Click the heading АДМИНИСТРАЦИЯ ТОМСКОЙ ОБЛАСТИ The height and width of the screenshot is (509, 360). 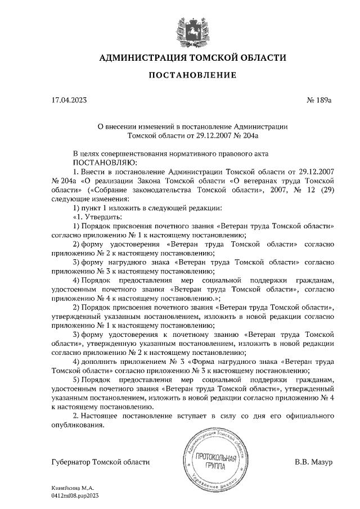click(192, 58)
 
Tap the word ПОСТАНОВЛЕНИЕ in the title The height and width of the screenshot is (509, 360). click(192, 75)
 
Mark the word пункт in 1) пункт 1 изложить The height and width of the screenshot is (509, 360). click(93, 208)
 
